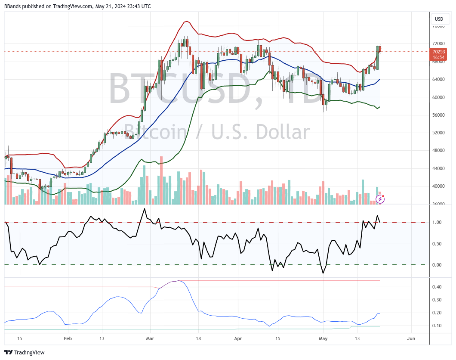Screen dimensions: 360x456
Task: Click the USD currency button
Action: (439, 19)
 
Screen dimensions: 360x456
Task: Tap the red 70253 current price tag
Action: (438, 52)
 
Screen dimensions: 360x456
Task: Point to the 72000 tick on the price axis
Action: (438, 43)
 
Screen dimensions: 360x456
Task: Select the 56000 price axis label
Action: (438, 115)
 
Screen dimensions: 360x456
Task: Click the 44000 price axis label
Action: (438, 168)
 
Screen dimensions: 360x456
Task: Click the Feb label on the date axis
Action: (68, 339)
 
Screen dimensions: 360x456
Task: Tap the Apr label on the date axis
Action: (237, 339)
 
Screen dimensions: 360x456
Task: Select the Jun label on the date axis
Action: (411, 339)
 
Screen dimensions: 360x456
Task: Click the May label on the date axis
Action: (323, 339)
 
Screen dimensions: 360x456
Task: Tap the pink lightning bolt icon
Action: (380, 199)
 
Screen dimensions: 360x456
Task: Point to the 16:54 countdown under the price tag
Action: (438, 57)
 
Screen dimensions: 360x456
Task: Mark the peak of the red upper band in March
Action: (186, 21)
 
